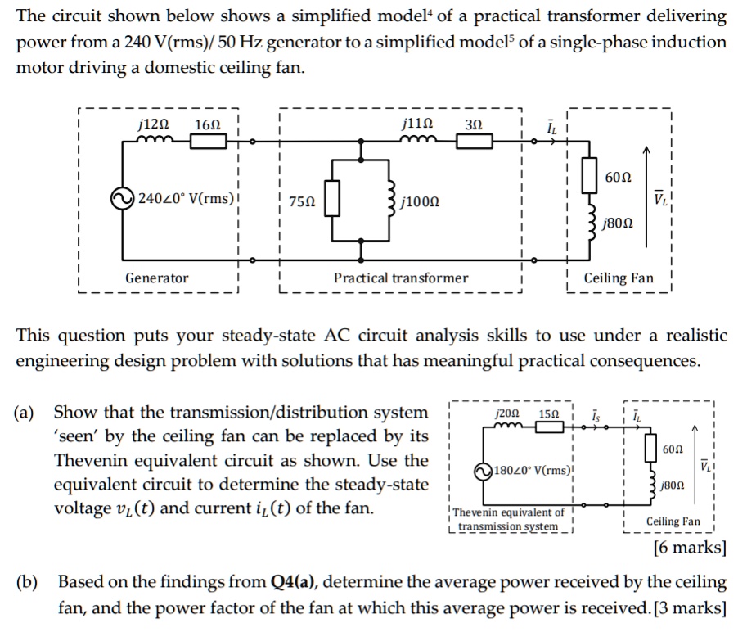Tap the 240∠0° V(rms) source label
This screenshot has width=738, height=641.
click(185, 198)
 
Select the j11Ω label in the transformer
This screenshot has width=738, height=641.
click(418, 124)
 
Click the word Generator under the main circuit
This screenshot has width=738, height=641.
click(156, 278)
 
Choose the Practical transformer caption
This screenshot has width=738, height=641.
click(401, 278)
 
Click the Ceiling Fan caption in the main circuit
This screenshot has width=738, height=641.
click(619, 278)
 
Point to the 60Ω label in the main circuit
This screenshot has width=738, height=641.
click(619, 177)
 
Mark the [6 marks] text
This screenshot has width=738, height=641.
click(690, 548)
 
